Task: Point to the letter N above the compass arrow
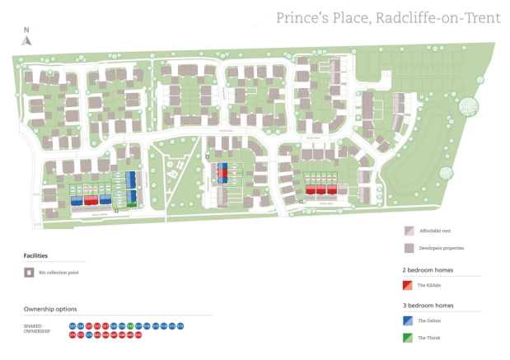tap(26, 29)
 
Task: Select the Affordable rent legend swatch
tap(408, 231)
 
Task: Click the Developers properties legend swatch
tap(408, 248)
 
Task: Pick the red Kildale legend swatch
tap(408, 285)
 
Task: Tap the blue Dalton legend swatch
tap(408, 320)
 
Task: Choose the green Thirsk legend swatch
tap(408, 338)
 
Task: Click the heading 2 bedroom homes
tap(427, 270)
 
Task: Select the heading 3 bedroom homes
tap(427, 306)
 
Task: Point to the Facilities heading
tap(35, 256)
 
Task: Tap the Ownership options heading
tap(50, 310)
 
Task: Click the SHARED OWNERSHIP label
tap(37, 330)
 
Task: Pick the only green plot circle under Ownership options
tap(130, 326)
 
